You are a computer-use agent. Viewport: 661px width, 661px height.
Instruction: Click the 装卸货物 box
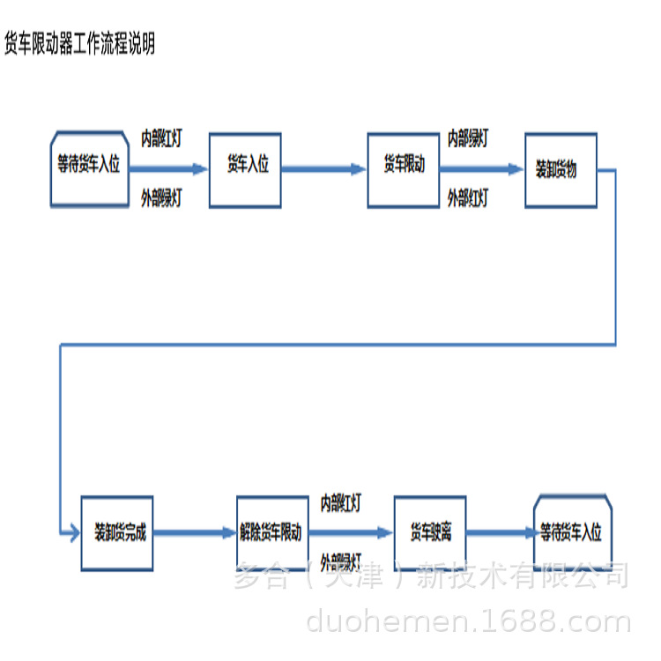(561, 170)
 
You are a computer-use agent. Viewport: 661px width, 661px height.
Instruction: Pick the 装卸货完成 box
(117, 532)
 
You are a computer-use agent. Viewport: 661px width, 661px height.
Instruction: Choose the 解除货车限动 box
(272, 532)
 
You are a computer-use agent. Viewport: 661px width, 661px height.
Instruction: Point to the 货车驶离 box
(429, 532)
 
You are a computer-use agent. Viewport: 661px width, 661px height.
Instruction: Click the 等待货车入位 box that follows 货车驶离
(573, 532)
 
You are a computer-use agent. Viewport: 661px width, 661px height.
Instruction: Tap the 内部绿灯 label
(468, 138)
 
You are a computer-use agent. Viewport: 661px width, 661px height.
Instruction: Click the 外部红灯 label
(468, 198)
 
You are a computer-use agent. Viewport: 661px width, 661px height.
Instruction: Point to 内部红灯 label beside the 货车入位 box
(161, 138)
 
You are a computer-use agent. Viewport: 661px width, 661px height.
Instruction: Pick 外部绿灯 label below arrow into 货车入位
(161, 198)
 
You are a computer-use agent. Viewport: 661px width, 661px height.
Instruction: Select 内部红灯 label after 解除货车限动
(340, 503)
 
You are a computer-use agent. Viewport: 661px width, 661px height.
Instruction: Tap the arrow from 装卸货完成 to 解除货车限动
(194, 532)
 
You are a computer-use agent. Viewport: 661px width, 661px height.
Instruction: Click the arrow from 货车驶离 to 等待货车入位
(501, 532)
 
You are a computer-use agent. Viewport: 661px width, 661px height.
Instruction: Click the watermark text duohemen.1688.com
(468, 623)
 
